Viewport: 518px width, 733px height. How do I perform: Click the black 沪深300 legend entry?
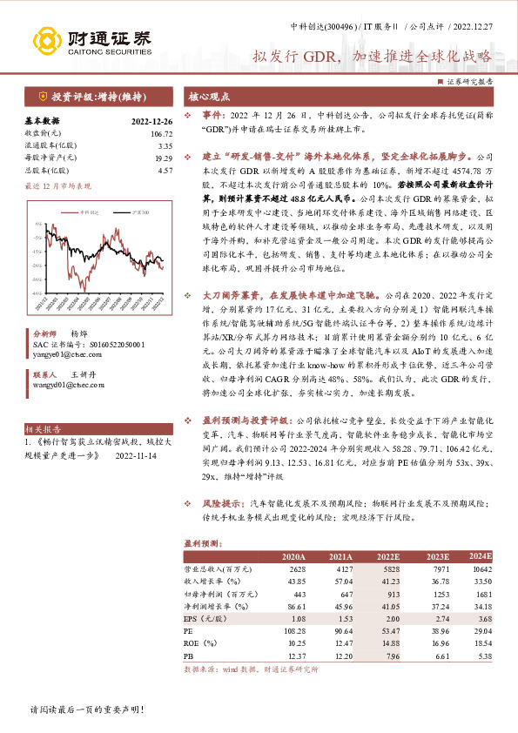[x=118, y=211]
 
